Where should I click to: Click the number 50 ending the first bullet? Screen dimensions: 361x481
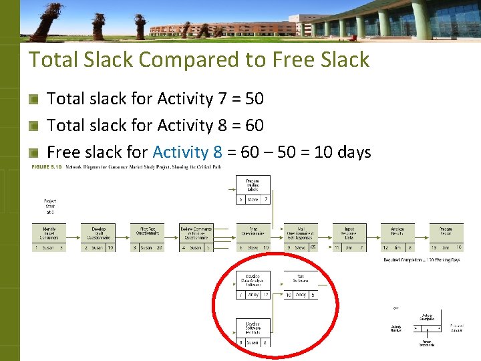coord(254,99)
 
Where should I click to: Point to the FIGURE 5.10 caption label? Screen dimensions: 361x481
coord(46,166)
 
